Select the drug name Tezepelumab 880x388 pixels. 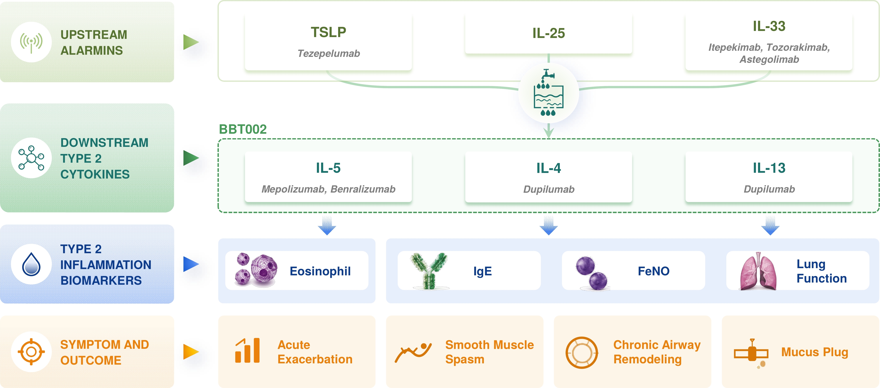tap(329, 54)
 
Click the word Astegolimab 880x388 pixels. tap(769, 59)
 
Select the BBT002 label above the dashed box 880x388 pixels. tap(243, 129)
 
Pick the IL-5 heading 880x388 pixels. tap(328, 168)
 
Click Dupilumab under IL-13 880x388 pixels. tap(769, 189)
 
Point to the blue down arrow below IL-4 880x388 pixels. tap(549, 225)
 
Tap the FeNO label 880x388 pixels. tap(653, 271)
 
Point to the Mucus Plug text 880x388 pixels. tap(815, 352)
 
